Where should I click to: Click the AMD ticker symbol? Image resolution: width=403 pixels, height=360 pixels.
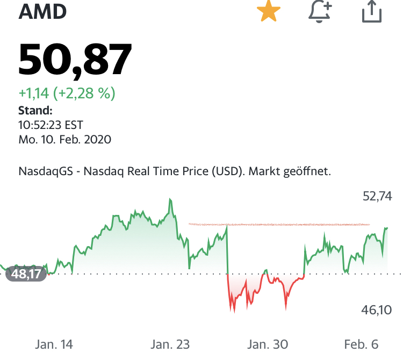tap(42, 11)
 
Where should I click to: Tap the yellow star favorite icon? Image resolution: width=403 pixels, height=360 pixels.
tap(268, 11)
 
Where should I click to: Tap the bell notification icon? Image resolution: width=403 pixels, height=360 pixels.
tap(320, 11)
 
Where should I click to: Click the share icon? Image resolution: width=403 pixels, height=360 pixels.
tap(371, 11)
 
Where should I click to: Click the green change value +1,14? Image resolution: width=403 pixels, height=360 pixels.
tap(34, 93)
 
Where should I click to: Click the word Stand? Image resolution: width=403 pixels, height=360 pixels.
tap(35, 111)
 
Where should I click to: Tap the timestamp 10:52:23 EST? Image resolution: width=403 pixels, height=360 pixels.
tap(51, 125)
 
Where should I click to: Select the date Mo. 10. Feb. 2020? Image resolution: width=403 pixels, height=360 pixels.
tap(64, 140)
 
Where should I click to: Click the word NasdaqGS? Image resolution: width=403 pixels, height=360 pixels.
tap(45, 172)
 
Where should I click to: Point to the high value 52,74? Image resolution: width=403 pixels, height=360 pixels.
tap(378, 196)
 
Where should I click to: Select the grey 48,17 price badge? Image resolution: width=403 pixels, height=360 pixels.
tap(26, 275)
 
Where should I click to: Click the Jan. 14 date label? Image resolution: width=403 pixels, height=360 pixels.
tap(54, 344)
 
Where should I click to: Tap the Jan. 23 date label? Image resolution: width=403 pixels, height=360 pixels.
tap(170, 344)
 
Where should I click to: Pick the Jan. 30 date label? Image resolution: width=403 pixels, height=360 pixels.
tap(268, 344)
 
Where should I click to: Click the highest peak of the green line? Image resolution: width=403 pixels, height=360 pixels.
tap(170, 200)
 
